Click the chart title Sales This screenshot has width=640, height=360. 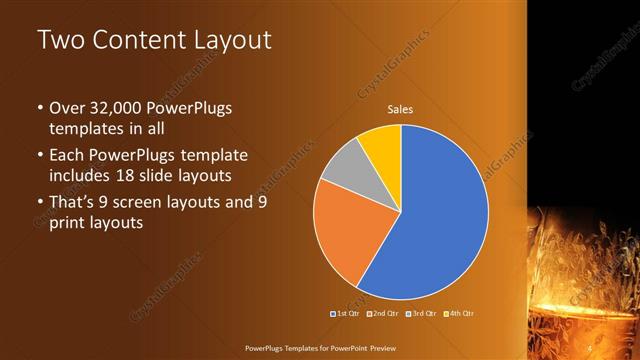coord(400,109)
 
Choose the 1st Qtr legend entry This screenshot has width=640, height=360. coord(345,314)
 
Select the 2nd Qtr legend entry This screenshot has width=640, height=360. coord(382,314)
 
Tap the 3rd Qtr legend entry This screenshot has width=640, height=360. coord(420,314)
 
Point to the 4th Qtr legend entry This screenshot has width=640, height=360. coord(457,314)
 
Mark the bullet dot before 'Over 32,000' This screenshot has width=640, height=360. coord(39,108)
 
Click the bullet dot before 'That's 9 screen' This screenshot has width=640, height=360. coord(39,203)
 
